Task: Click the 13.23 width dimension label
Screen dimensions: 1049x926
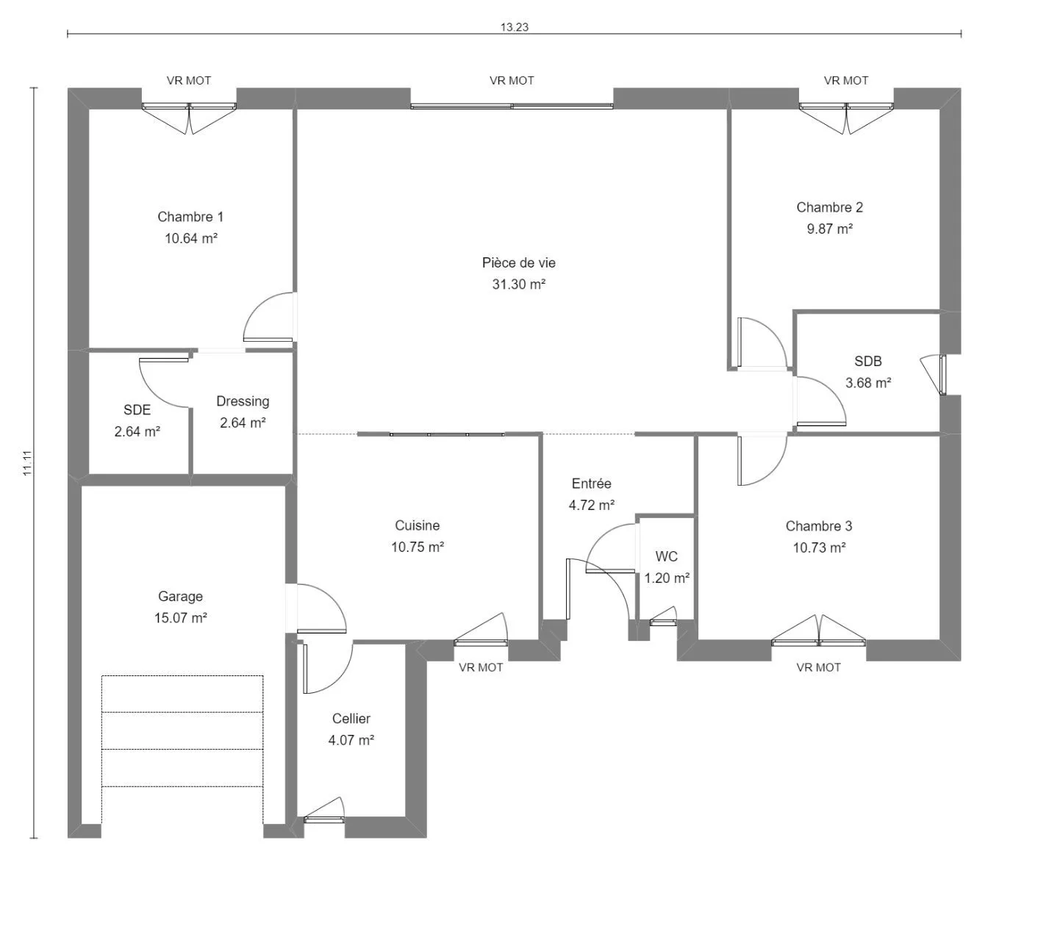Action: point(514,27)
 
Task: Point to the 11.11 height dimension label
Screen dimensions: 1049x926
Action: point(27,463)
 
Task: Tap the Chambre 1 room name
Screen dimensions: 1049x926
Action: point(190,216)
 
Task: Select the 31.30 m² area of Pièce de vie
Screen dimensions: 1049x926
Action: point(518,284)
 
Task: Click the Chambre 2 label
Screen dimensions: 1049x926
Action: point(829,207)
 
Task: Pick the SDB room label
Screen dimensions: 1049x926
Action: point(867,361)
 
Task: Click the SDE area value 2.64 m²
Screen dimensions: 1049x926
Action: point(137,431)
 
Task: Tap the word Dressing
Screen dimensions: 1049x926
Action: point(243,402)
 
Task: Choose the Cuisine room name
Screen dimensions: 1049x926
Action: point(417,525)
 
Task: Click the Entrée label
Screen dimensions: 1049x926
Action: point(591,483)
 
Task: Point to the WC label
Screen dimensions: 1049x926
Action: point(666,556)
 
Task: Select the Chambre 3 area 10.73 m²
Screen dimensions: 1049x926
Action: point(819,547)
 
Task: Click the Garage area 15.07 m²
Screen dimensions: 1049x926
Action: point(180,617)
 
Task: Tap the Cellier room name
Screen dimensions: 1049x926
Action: point(351,718)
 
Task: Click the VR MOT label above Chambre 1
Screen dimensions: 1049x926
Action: point(188,80)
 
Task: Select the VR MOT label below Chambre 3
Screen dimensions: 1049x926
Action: point(817,667)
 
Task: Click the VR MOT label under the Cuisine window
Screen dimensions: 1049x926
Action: point(480,667)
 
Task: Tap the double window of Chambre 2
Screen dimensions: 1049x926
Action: point(845,118)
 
